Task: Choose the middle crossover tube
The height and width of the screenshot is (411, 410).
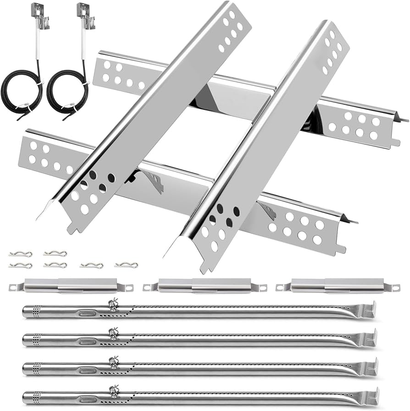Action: click(x=205, y=286)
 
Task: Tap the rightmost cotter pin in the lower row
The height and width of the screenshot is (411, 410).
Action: click(x=126, y=265)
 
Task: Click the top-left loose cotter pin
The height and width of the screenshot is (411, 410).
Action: click(x=20, y=254)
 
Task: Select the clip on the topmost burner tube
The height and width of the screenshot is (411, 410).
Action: click(x=113, y=305)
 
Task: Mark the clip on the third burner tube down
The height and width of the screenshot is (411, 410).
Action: click(x=113, y=363)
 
